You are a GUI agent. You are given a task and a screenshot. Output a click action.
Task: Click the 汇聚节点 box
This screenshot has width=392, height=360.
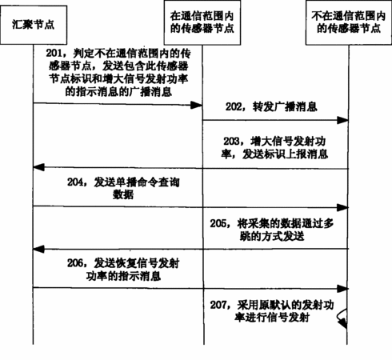coord(34,25)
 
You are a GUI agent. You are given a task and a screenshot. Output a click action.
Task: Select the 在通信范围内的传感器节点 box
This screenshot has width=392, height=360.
coord(202,22)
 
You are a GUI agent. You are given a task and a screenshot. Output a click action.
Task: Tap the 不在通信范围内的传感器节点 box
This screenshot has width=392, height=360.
coord(349,22)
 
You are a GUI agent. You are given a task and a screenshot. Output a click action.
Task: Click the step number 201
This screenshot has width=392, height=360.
coord(54,53)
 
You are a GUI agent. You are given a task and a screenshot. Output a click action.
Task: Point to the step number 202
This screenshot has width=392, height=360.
coord(234,106)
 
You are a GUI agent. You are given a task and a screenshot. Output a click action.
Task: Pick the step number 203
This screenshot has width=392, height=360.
coord(231,141)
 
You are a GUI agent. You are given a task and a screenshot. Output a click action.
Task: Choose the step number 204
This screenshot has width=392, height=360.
coord(75,182)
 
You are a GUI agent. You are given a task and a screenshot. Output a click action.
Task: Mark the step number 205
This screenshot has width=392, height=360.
coord(218,223)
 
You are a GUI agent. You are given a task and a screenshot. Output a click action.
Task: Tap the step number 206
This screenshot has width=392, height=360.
coord(75,263)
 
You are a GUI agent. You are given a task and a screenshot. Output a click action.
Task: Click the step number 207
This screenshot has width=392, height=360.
coord(218,305)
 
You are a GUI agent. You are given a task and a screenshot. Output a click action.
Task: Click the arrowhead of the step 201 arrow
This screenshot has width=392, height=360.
coord(197,105)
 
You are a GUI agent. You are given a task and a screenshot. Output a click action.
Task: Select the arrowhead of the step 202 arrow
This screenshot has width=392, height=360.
coord(342,120)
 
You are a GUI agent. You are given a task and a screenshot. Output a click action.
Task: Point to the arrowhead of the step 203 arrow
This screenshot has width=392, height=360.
coord(39,167)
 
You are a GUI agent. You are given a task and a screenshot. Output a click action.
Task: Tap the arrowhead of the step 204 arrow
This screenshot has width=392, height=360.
coord(342,207)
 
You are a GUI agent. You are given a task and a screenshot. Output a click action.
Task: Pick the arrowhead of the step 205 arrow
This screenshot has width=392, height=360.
coord(39,250)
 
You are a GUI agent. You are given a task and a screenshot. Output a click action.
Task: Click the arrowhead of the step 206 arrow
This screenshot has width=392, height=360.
coord(342,289)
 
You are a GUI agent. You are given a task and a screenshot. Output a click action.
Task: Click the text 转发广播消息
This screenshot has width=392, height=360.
coord(285,107)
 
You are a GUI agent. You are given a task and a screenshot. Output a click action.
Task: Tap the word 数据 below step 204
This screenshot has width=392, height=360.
coord(123,194)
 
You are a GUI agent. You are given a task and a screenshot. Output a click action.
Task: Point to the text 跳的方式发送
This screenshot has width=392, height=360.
coord(272,236)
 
